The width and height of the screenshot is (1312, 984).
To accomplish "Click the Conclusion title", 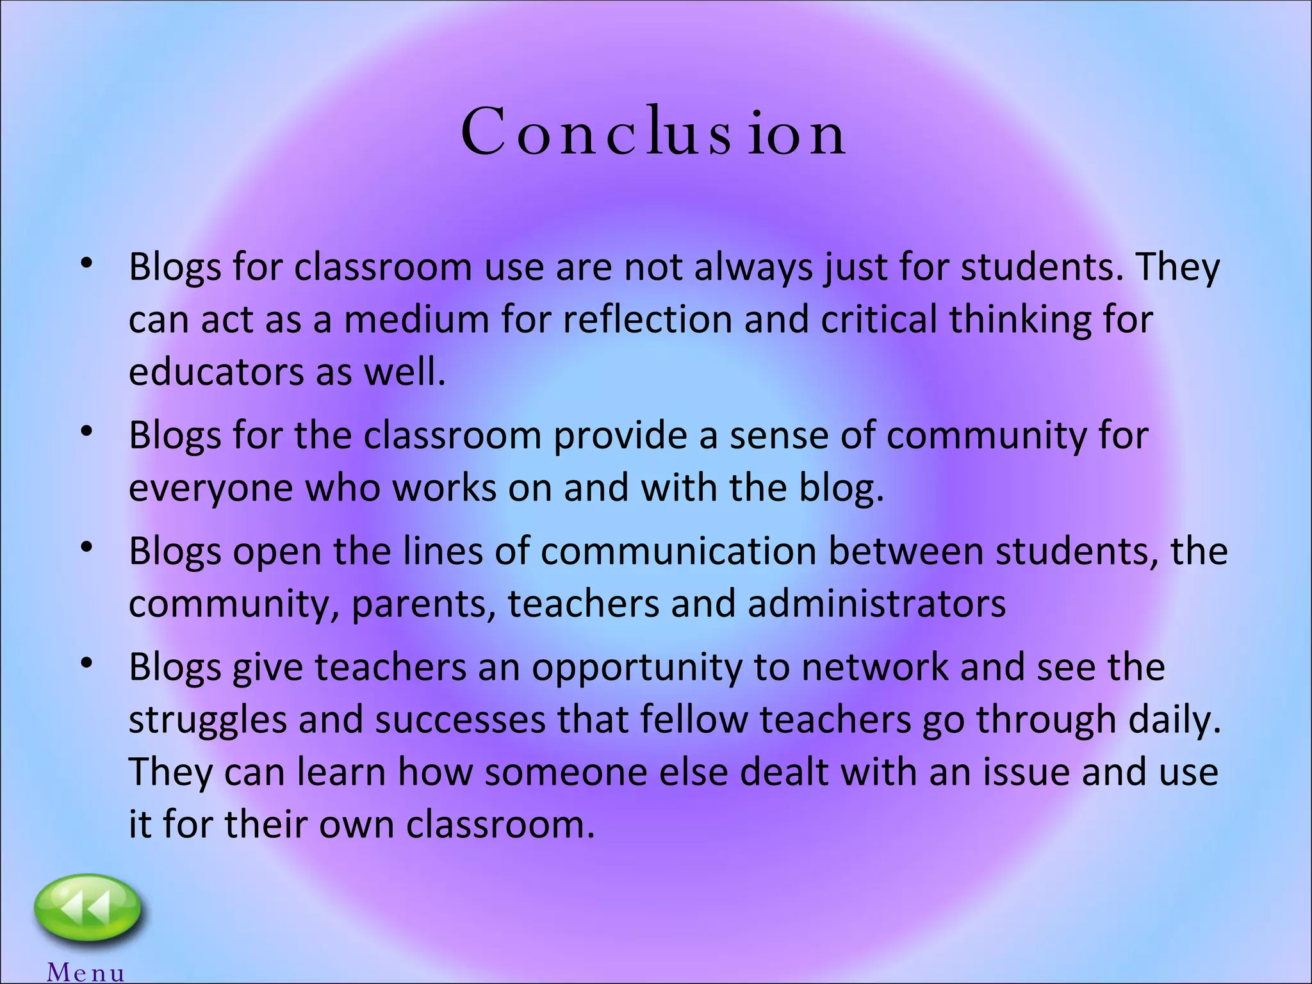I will (x=653, y=133).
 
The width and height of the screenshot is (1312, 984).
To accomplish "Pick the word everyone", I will (x=211, y=488).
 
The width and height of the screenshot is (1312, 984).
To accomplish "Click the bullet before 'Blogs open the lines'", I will (x=87, y=550).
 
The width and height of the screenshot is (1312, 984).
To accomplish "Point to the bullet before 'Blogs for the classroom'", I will (x=87, y=433).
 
